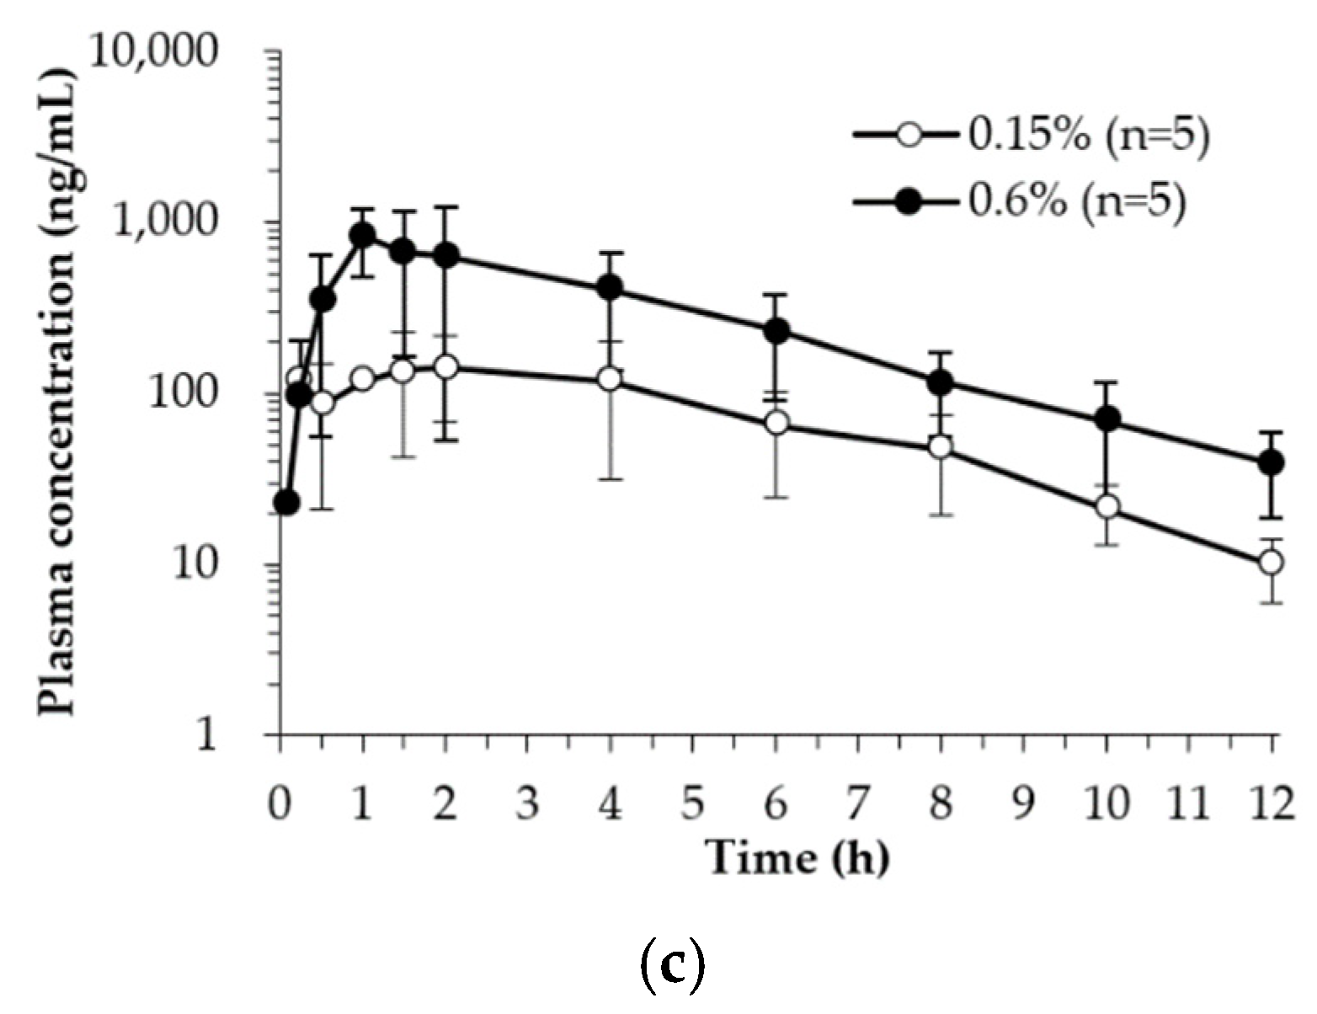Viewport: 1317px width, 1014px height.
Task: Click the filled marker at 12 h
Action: pos(1271,462)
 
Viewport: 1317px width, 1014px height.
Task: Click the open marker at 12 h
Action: pos(1271,562)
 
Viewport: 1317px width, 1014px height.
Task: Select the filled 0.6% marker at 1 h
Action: pos(363,235)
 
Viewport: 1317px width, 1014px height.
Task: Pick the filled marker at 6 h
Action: pos(776,330)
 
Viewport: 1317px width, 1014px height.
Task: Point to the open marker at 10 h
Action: pos(1106,506)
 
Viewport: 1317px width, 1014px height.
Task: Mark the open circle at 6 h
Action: pos(776,423)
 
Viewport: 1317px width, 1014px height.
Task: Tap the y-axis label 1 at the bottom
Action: pos(206,735)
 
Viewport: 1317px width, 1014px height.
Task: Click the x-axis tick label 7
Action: pos(857,803)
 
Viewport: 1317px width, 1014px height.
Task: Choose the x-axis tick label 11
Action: pos(1188,803)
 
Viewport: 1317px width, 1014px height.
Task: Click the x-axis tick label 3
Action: pos(527,803)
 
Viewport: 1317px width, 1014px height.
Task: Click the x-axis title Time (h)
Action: pos(797,857)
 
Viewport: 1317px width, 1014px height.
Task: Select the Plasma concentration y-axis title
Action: pos(57,392)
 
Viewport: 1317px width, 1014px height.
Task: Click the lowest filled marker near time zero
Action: pos(286,503)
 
